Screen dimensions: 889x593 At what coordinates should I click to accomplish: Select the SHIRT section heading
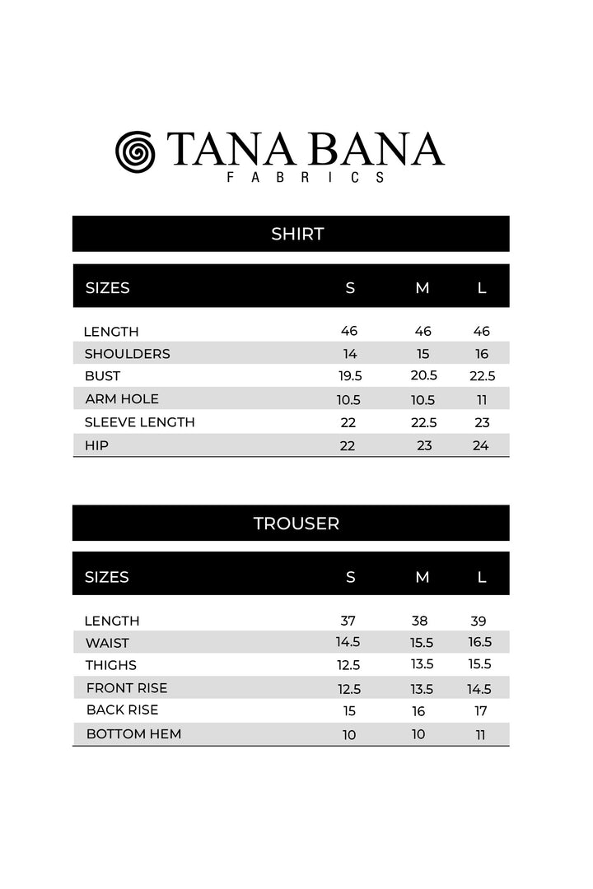(x=297, y=234)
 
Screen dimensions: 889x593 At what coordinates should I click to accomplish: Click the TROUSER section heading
(x=296, y=524)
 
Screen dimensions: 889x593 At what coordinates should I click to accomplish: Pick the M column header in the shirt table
(x=423, y=288)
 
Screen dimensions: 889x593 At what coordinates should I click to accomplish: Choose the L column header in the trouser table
(x=482, y=577)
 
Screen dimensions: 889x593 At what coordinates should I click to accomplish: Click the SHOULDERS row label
(x=127, y=354)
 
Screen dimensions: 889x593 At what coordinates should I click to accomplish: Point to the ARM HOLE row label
(x=122, y=399)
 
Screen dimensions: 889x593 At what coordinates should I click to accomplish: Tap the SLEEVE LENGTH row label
(x=139, y=422)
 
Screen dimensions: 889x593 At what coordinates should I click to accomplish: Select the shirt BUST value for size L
(x=482, y=376)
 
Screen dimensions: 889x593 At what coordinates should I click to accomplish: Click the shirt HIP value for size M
(x=423, y=445)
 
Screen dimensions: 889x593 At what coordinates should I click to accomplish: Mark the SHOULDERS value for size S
(x=349, y=354)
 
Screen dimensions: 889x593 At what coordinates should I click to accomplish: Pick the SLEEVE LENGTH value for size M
(x=423, y=422)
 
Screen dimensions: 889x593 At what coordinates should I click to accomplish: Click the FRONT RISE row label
(x=126, y=688)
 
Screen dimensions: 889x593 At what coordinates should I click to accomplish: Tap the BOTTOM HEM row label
(x=133, y=733)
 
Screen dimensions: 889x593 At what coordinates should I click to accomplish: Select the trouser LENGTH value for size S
(x=348, y=621)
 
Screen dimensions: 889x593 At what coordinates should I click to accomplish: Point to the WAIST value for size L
(x=481, y=643)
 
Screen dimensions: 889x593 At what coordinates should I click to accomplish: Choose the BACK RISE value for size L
(x=481, y=711)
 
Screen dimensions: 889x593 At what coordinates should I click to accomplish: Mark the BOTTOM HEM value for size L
(x=481, y=734)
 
